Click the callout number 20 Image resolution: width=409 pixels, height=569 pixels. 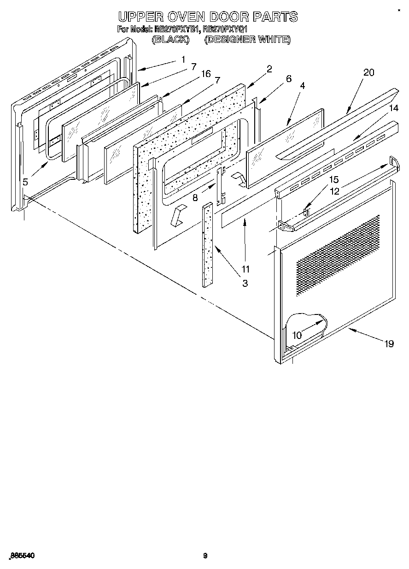368,72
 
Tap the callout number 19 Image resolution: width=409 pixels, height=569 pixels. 389,344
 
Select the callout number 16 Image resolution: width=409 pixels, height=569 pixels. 206,74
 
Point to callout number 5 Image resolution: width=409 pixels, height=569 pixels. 25,182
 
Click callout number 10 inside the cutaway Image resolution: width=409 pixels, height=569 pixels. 298,335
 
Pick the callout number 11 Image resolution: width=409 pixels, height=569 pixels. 245,269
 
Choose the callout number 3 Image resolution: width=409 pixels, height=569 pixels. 245,284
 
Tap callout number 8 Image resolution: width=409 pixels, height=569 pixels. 195,198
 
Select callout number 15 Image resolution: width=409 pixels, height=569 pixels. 334,179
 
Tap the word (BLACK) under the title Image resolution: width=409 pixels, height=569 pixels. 170,40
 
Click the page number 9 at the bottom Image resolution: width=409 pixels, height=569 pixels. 205,556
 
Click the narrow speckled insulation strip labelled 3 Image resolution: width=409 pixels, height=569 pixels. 208,244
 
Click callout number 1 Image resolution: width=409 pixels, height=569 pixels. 183,59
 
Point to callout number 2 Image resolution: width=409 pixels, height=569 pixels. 269,69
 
